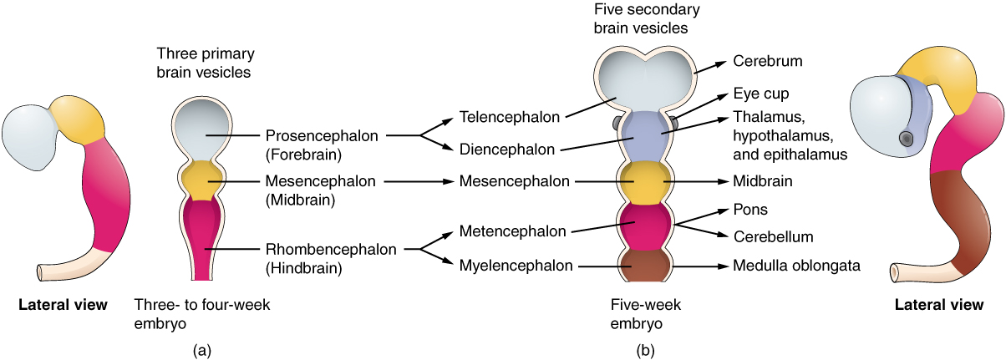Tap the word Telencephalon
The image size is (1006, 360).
(509, 117)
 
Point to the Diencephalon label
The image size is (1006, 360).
(506, 150)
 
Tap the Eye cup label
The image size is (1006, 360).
(760, 94)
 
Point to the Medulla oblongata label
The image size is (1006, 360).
(796, 266)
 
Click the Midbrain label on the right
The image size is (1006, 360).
(761, 180)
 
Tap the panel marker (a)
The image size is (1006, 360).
(201, 351)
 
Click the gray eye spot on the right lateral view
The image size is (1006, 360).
(905, 139)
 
